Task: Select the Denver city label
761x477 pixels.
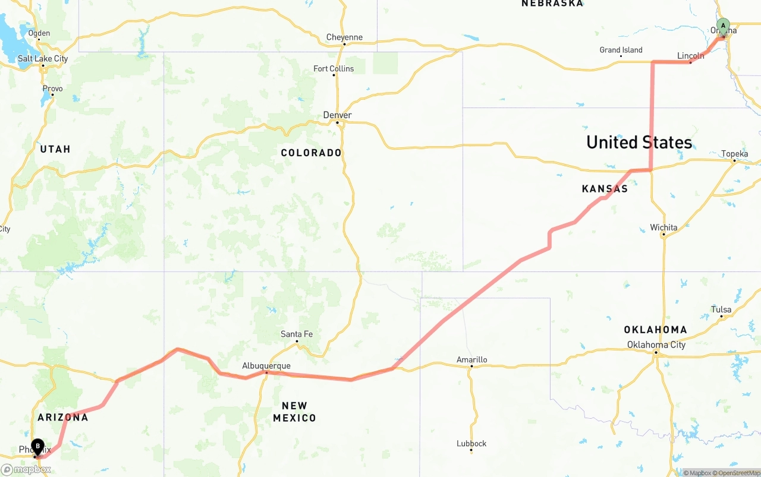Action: click(x=337, y=115)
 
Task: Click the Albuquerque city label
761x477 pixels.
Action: click(x=266, y=366)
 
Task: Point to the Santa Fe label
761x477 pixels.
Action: click(x=297, y=334)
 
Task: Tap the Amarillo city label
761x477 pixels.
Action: click(x=471, y=359)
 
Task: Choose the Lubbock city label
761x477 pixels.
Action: click(x=471, y=443)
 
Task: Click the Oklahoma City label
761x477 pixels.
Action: click(x=656, y=345)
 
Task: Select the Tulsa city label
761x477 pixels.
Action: click(x=721, y=309)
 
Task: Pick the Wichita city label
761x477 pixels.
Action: click(x=663, y=228)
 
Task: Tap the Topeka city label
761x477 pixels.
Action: click(x=735, y=154)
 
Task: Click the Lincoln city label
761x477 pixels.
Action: click(x=691, y=56)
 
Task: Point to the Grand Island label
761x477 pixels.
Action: click(x=621, y=50)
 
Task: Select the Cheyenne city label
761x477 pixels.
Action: click(x=344, y=37)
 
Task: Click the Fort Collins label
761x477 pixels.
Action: click(x=334, y=69)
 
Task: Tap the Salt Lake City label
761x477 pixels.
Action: click(x=43, y=58)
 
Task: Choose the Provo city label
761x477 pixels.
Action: click(x=52, y=89)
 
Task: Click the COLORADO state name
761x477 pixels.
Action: click(x=312, y=153)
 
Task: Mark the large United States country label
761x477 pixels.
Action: click(x=639, y=143)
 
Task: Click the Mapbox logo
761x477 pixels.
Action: click(x=26, y=469)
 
